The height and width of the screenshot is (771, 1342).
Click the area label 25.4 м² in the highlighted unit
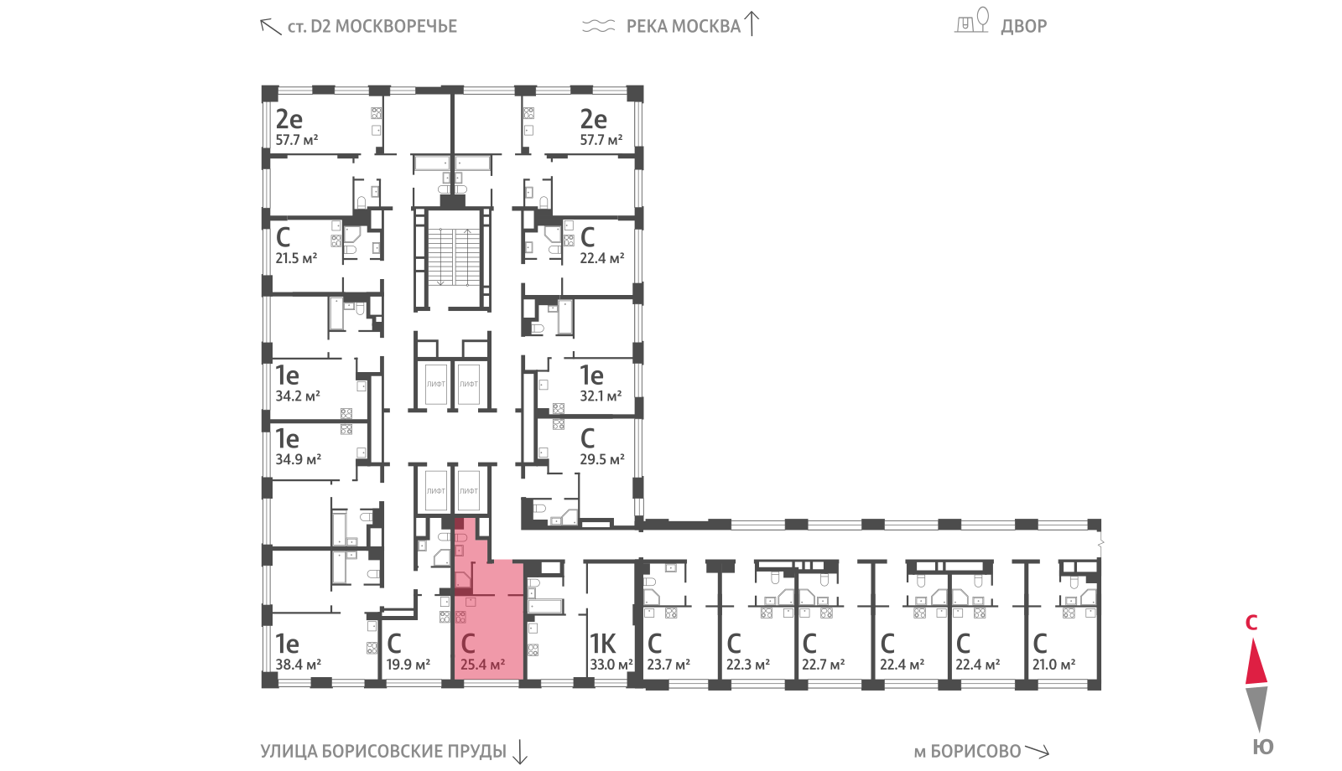[482, 665]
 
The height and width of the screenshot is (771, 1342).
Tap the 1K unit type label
[602, 644]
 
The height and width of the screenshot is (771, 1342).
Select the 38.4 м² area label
[298, 665]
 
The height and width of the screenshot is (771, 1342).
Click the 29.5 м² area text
[602, 460]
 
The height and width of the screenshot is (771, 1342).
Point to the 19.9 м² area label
[408, 665]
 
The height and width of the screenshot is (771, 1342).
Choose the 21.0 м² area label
[1053, 665]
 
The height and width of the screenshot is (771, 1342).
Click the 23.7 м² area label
[668, 665]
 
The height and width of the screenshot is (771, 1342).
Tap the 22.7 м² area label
[823, 665]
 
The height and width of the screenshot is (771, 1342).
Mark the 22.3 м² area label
[747, 665]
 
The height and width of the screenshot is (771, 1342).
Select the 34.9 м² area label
[298, 460]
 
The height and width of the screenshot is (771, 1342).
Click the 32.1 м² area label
[601, 396]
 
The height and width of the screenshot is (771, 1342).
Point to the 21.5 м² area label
[296, 259]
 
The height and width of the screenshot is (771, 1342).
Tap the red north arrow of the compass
[1256, 661]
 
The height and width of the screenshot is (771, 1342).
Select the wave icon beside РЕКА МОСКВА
[599, 26]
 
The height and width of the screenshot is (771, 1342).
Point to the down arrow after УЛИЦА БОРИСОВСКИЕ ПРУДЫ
[520, 752]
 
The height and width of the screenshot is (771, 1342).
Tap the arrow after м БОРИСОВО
[1037, 751]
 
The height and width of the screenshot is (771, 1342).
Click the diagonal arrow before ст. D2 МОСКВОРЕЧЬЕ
[270, 26]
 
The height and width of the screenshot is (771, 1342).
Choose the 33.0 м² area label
[611, 665]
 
